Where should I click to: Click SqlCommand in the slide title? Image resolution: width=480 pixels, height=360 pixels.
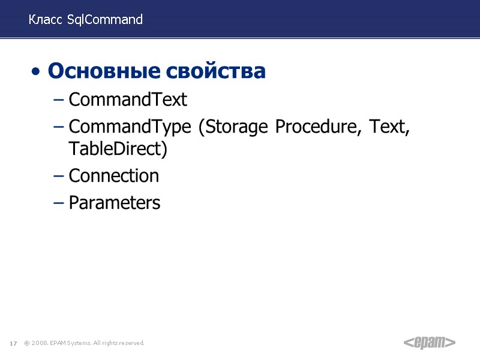105,20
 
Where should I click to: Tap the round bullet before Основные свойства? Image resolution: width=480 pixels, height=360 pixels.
37,73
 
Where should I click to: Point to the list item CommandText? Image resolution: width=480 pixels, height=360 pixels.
128,100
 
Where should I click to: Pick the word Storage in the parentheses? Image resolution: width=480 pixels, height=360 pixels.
234,128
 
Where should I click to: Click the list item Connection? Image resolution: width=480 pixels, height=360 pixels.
114,176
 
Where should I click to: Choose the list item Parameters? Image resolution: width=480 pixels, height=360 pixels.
115,203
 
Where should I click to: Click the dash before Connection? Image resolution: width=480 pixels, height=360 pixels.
58,176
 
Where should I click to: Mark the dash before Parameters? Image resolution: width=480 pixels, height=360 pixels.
58,203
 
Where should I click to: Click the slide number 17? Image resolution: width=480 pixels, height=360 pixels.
13,343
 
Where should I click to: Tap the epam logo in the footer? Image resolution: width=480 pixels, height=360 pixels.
428,343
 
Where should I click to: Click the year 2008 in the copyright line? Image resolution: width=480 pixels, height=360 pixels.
40,343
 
